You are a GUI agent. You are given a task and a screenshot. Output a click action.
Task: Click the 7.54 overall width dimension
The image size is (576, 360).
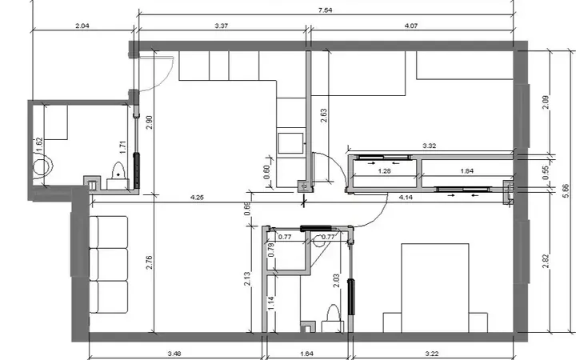click(325, 10)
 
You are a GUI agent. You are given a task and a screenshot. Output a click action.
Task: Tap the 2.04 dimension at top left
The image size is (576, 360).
click(82, 26)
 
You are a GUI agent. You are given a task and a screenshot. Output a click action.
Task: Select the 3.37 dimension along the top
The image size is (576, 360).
click(221, 26)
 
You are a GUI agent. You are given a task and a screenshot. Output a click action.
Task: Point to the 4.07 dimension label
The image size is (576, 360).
click(410, 26)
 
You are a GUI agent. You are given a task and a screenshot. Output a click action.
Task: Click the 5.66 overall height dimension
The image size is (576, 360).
click(566, 191)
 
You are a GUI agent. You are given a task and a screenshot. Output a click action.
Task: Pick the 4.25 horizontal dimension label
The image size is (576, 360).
click(197, 198)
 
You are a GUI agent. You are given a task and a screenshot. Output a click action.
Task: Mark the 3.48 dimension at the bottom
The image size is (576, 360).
click(174, 354)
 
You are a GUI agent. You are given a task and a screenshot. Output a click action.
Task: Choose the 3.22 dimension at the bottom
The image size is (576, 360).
click(432, 354)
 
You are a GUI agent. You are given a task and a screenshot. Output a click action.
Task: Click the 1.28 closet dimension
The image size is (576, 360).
click(384, 171)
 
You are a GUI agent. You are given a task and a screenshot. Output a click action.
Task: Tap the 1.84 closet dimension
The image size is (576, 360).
click(466, 171)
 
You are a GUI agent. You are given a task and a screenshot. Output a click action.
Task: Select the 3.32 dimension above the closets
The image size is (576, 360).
click(429, 146)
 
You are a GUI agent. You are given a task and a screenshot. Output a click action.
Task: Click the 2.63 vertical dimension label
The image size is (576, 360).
click(324, 115)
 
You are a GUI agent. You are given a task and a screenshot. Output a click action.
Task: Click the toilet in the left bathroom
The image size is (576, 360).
click(118, 176)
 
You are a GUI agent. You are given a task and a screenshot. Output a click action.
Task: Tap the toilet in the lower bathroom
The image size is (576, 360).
click(333, 318)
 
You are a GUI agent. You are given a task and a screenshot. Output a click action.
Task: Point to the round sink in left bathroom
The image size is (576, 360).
click(42, 166)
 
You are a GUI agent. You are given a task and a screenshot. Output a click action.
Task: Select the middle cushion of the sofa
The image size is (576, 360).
click(109, 265)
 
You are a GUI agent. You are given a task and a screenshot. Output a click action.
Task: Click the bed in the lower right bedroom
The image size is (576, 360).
click(435, 288)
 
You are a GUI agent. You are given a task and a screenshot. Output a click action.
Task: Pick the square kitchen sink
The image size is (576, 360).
click(291, 143)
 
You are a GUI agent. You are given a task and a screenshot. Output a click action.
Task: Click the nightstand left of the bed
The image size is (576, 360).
click(392, 322)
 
